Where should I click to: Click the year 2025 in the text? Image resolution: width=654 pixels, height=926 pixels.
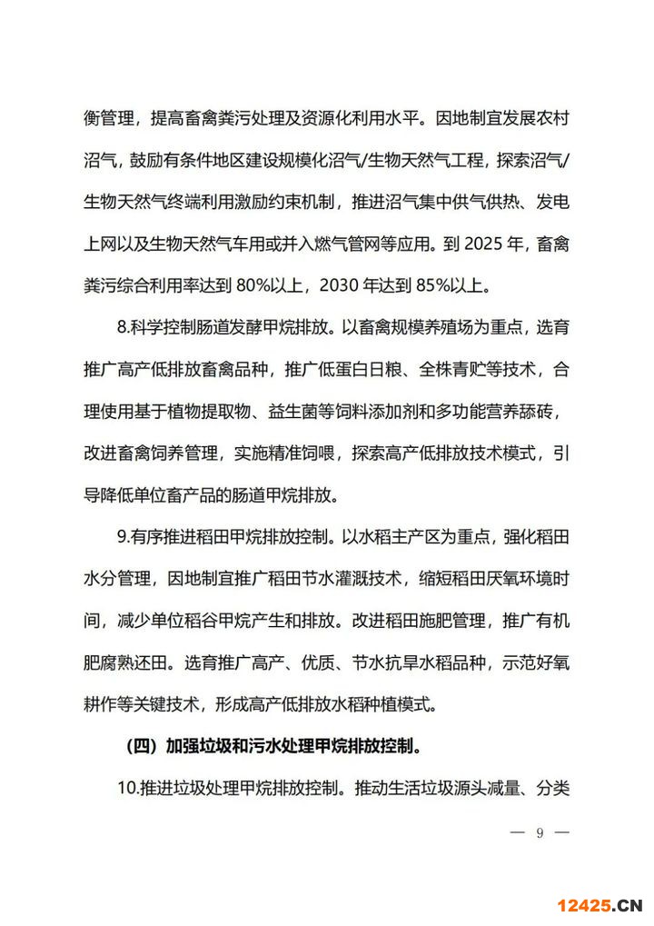coord(475,245)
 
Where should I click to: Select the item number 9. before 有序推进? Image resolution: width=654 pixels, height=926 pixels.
coord(123,536)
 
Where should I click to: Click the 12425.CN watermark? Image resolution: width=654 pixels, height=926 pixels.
coord(599,904)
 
